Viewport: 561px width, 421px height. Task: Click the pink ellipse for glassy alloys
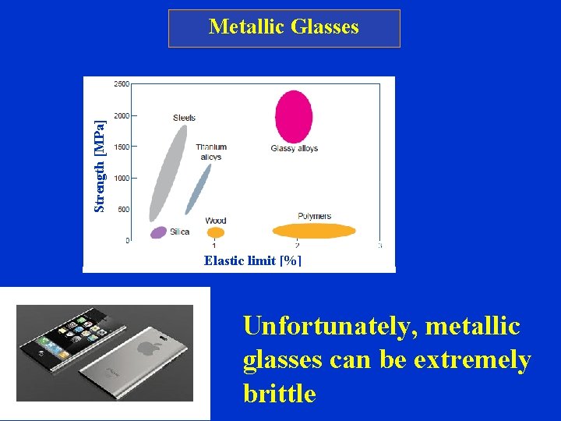[294, 117]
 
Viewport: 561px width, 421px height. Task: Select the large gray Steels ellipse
[168, 172]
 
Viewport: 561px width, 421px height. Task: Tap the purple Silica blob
[159, 232]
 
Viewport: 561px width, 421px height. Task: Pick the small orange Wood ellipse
[216, 232]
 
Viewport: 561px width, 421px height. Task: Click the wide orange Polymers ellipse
[315, 231]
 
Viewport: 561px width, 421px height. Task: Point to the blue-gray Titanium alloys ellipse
[199, 188]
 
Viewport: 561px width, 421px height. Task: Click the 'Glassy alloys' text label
[295, 149]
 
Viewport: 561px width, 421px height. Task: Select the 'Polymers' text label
[314, 216]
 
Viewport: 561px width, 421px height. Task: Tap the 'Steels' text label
[184, 118]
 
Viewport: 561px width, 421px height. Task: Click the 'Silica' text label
[179, 232]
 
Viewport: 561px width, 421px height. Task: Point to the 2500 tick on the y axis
[122, 84]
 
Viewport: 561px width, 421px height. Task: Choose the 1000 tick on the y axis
[122, 178]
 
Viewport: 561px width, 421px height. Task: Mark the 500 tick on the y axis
[123, 209]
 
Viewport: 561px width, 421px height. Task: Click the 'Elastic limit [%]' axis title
[252, 260]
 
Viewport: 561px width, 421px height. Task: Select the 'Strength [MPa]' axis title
[99, 165]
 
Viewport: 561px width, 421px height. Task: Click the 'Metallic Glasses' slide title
[284, 27]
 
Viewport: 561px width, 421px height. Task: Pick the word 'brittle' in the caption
[280, 394]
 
